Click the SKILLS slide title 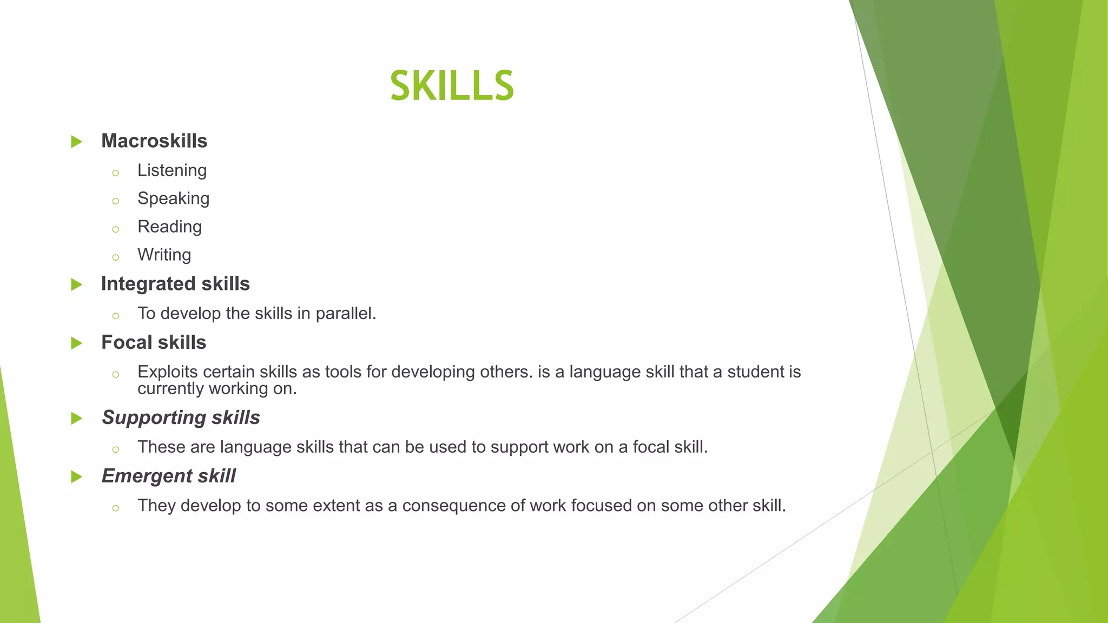coord(452,86)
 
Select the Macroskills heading coord(154,141)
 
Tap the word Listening coord(172,170)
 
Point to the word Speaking coord(173,198)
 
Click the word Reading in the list coord(169,227)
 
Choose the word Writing coord(164,255)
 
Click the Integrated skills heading coord(175,284)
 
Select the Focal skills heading coord(154,342)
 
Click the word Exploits coord(168,372)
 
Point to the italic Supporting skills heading coord(181,417)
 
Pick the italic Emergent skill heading coord(168,476)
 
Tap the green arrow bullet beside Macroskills coord(77,142)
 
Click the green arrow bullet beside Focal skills coord(77,343)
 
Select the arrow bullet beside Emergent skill coord(77,477)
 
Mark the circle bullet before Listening coord(115,173)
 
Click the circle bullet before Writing coord(115,257)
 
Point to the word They coord(156,506)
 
